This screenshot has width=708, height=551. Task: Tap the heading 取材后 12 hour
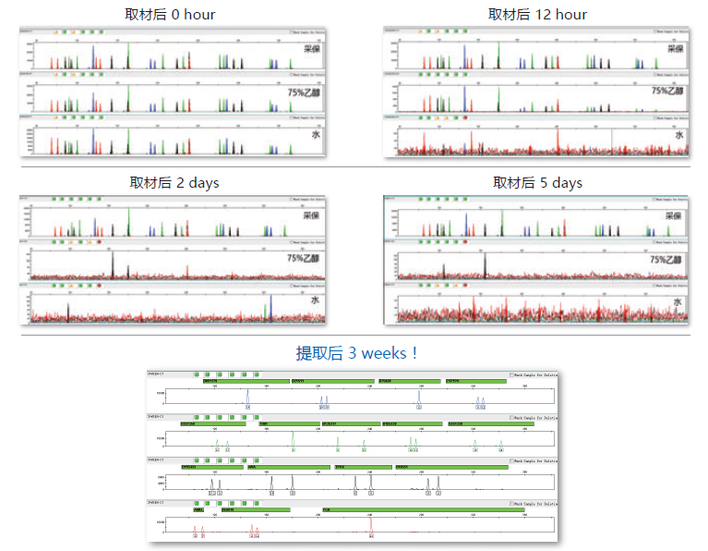coord(537,15)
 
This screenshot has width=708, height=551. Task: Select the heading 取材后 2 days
coord(174,182)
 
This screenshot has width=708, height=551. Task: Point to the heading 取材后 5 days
coord(537,182)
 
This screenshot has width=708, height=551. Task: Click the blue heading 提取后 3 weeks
coord(357,352)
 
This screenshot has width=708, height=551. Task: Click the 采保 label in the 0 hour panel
coord(313,49)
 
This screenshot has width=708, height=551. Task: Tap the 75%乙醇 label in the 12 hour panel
coord(667,91)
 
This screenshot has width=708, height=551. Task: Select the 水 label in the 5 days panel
coord(678,302)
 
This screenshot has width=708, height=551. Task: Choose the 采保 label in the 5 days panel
coord(675,216)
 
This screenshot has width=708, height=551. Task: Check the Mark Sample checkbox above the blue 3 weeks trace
coord(510,375)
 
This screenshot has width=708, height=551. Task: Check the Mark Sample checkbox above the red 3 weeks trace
coord(510,503)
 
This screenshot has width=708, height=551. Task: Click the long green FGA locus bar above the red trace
coord(422,509)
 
